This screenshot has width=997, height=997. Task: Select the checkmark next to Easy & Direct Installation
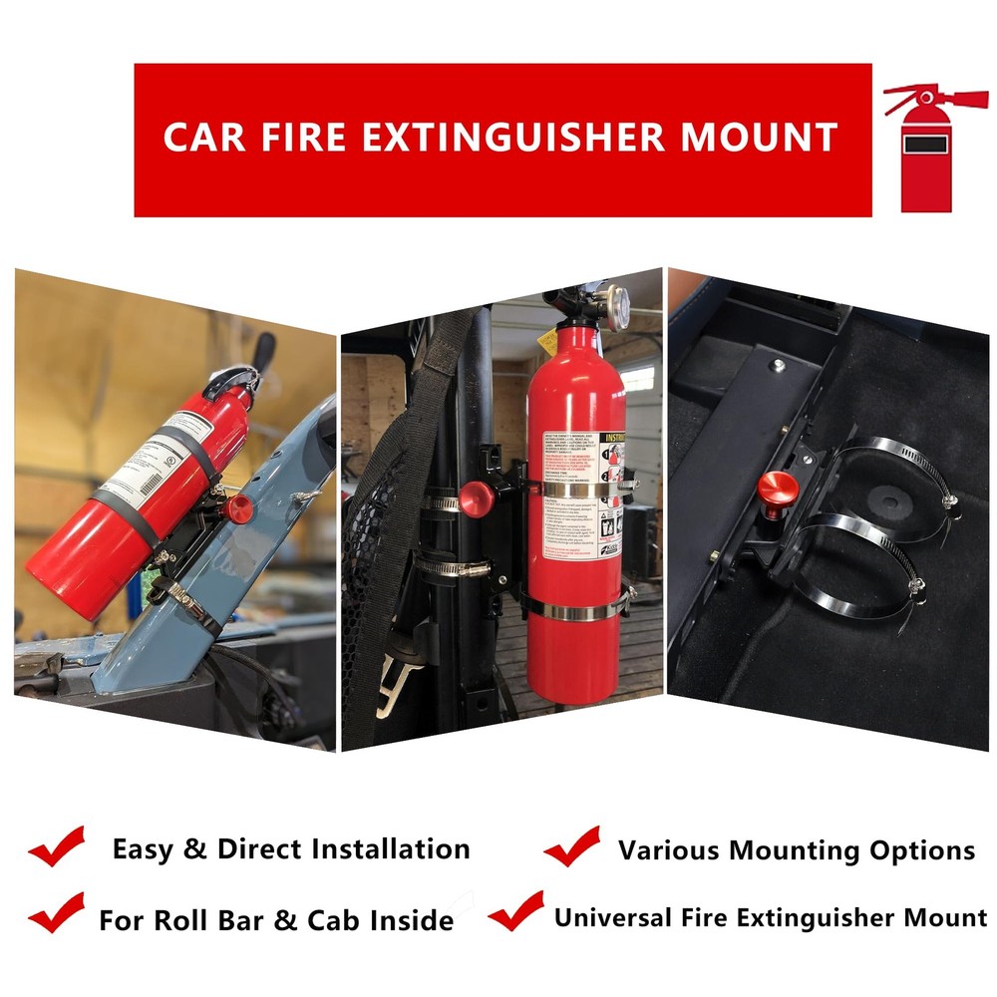[57, 846]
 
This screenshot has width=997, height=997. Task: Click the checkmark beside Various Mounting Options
[571, 846]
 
